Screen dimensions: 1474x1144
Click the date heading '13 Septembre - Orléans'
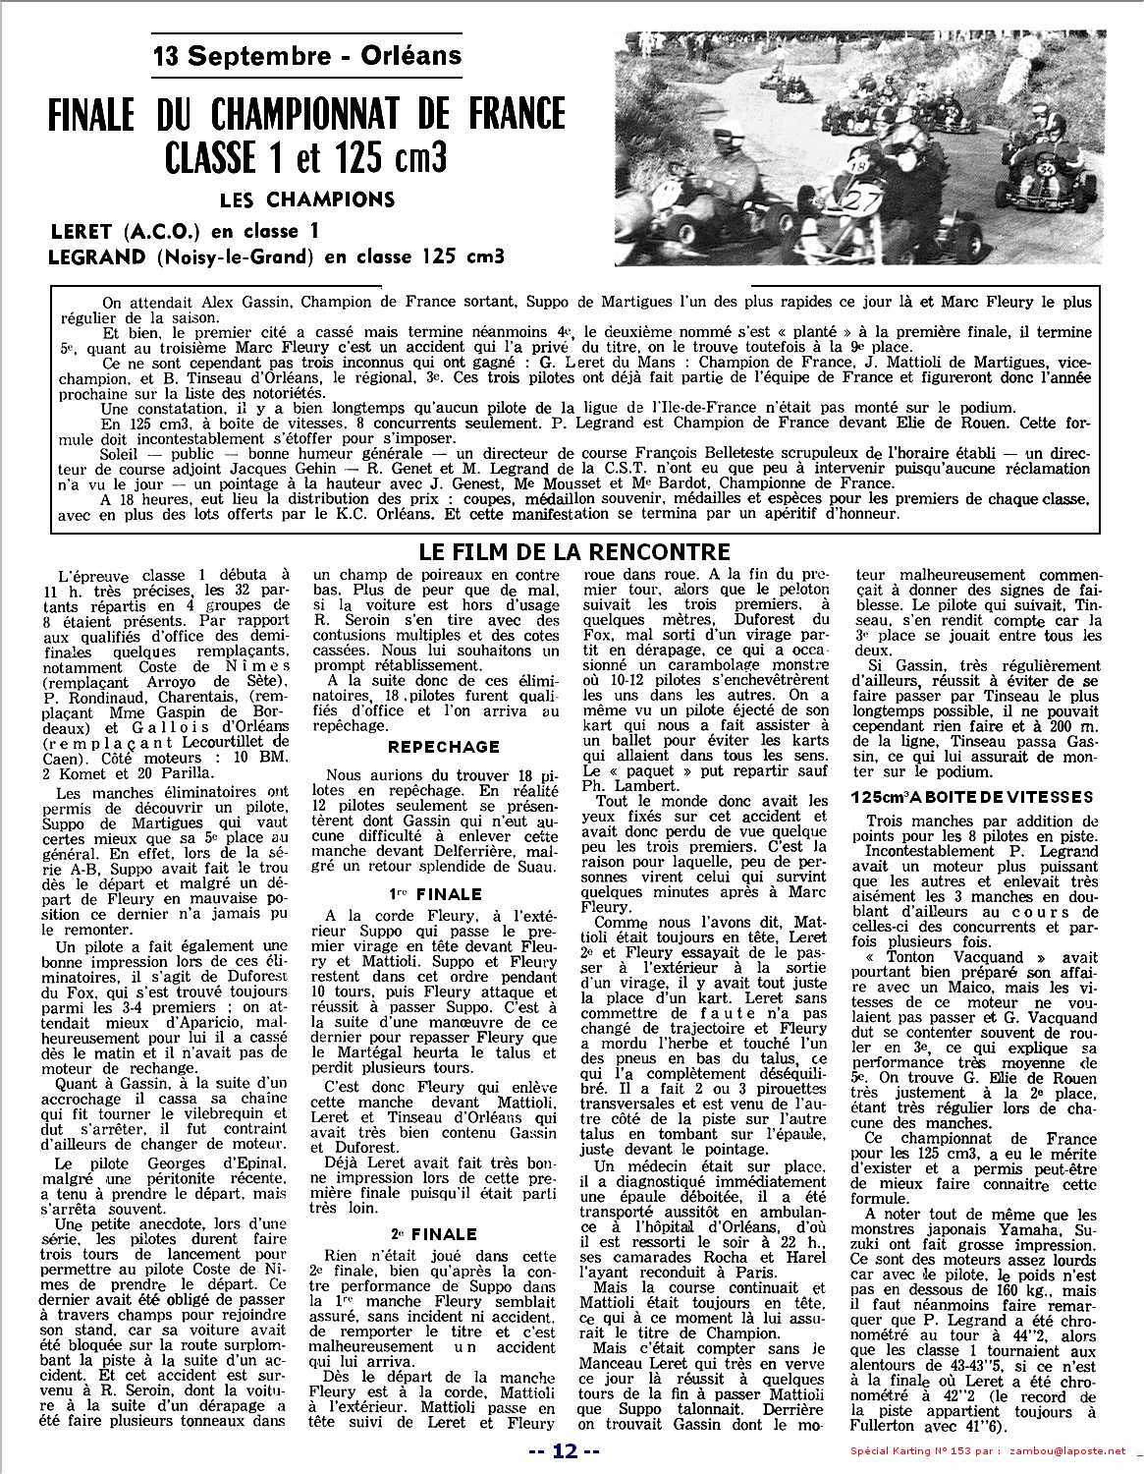tap(307, 56)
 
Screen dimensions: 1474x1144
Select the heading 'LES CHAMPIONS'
tap(307, 200)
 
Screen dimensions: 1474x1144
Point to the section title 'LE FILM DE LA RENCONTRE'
tap(574, 550)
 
